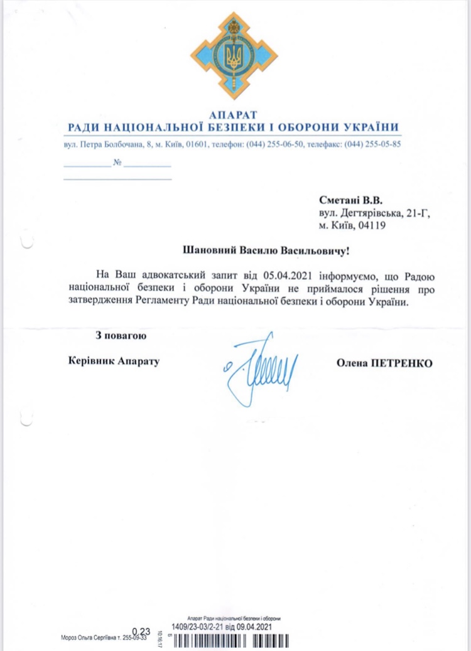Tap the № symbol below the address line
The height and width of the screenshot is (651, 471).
point(117,163)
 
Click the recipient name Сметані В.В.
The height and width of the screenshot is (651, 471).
point(350,202)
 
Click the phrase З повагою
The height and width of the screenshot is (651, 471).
point(121,336)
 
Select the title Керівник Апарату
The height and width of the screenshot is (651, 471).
point(113,362)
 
